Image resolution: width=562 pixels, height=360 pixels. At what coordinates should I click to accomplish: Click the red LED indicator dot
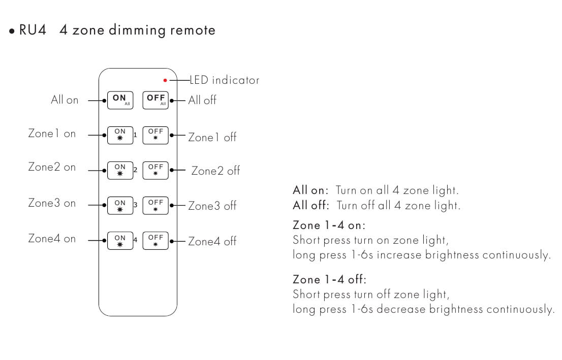click(165, 80)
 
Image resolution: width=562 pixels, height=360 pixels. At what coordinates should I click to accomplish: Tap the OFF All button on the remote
click(155, 100)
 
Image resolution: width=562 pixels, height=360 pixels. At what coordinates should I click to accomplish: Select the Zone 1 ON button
click(120, 135)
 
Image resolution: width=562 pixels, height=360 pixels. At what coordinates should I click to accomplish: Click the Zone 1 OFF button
click(155, 135)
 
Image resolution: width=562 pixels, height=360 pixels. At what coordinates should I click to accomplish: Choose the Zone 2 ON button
click(120, 170)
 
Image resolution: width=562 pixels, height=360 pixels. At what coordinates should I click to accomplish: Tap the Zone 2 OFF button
click(155, 170)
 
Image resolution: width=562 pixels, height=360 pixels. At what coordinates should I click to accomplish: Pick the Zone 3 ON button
click(120, 206)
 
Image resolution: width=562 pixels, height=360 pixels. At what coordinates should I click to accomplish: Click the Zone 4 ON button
click(120, 241)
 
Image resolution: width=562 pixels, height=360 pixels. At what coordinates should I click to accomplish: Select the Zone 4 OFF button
click(155, 241)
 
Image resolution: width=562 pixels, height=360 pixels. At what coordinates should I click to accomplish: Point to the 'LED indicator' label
click(224, 80)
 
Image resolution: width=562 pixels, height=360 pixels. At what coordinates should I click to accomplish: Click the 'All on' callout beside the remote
click(65, 100)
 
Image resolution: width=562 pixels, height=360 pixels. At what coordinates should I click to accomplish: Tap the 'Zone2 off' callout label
click(215, 171)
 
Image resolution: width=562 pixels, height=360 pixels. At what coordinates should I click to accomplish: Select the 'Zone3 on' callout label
click(52, 203)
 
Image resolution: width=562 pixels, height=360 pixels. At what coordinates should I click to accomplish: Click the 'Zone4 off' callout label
click(212, 241)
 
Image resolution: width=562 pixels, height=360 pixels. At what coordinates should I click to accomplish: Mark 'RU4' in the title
click(33, 30)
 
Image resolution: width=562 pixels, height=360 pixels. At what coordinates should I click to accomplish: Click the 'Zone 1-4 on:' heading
click(329, 225)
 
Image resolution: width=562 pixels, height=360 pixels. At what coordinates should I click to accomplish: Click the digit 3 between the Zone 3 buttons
click(136, 205)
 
